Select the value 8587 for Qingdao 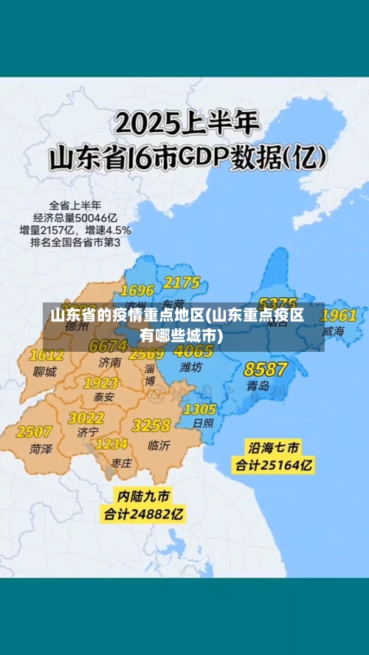(265, 369)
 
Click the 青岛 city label (258, 386)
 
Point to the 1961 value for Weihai (338, 316)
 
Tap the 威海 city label (333, 332)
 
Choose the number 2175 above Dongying (182, 283)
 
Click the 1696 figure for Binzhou (137, 290)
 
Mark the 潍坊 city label (190, 367)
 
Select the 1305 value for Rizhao (199, 409)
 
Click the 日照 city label (203, 423)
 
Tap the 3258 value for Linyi (151, 426)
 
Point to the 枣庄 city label (122, 462)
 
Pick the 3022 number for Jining (86, 418)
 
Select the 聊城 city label (44, 372)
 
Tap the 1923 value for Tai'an (100, 383)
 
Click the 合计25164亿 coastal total (273, 465)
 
